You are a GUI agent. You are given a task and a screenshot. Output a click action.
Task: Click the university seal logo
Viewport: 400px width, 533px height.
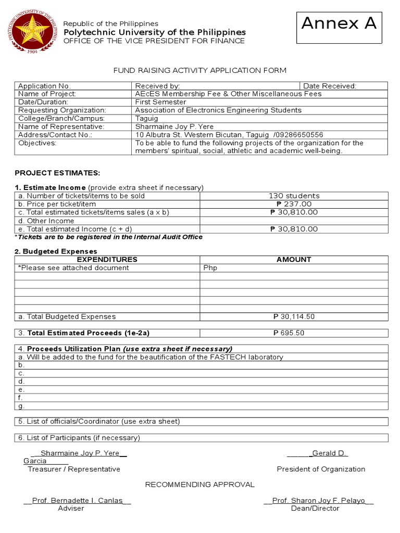point(32,32)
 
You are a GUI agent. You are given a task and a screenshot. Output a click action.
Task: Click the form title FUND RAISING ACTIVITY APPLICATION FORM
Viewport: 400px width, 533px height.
point(200,70)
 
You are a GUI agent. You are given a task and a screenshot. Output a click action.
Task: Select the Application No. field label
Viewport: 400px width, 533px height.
point(44,86)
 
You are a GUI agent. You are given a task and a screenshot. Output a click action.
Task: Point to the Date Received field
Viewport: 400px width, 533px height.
point(330,86)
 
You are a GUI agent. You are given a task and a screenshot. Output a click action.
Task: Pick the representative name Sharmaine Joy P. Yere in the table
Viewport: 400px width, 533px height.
point(174,126)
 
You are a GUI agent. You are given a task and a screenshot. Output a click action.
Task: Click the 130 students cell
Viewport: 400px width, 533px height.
point(294,196)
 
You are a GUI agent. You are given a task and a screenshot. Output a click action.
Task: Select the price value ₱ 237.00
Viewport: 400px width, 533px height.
point(294,204)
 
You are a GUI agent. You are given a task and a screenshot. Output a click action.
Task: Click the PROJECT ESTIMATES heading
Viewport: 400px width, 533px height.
point(57,173)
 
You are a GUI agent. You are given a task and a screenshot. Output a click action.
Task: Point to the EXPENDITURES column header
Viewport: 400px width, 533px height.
point(107,259)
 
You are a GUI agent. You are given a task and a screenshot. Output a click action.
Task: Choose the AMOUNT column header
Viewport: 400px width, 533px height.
point(294,259)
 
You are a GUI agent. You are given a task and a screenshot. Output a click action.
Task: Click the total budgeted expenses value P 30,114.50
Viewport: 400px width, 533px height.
point(294,316)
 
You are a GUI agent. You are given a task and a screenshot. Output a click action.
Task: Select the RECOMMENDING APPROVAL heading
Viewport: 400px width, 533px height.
point(200,485)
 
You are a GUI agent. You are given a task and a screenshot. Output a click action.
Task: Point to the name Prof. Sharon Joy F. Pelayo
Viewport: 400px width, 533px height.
point(318,501)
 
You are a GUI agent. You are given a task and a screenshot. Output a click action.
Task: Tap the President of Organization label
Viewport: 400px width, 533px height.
point(321,469)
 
